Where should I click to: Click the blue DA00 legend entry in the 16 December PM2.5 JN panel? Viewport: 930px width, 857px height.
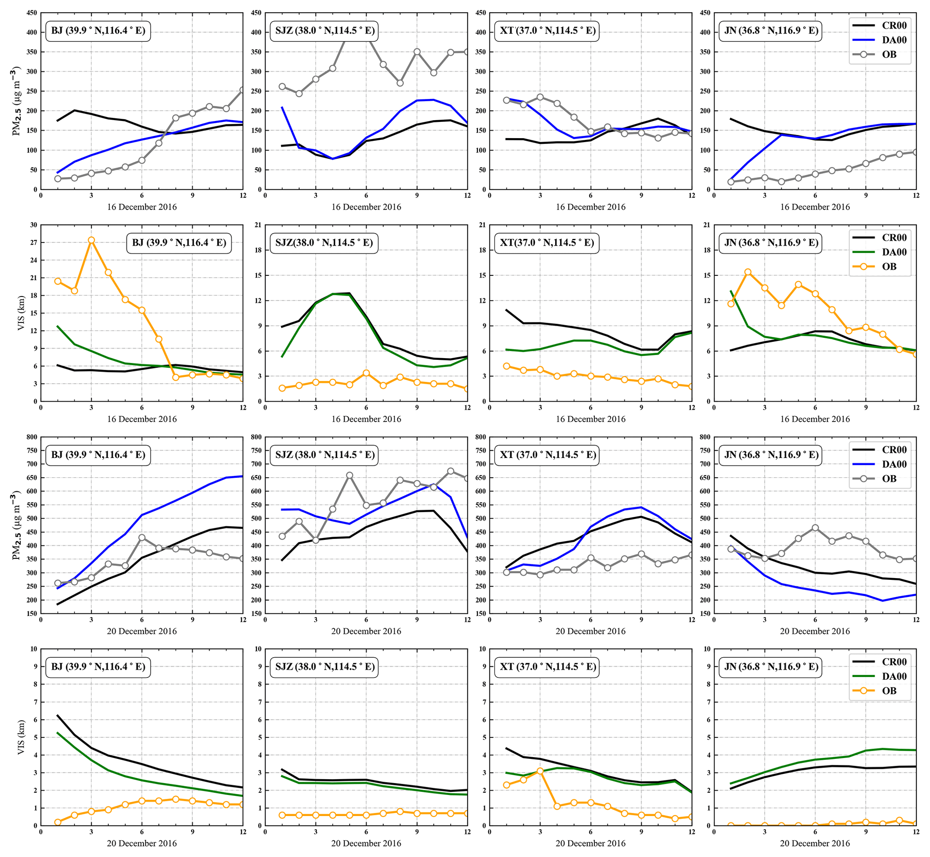coord(881,40)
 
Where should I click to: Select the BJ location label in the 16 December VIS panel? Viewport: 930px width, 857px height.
coord(179,243)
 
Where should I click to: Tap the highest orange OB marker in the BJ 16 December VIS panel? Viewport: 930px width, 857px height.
coord(91,240)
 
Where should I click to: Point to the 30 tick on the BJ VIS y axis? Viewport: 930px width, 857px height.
coord(34,225)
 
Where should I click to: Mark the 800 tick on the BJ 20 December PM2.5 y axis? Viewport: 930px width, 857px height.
coord(32,437)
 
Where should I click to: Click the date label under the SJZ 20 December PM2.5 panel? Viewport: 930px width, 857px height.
coord(366,631)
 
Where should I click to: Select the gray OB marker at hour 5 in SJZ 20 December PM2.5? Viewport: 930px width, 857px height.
coord(349,476)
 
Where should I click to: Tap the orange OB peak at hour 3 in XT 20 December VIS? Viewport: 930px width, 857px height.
coord(540,771)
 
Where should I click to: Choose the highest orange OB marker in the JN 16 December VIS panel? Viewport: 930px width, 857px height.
coord(748,272)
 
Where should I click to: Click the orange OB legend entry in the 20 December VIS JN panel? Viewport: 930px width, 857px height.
coord(881,691)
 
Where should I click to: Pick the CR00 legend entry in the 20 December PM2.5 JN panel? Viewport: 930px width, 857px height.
coord(881,449)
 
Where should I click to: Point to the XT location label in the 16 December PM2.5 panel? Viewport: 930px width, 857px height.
coord(547,31)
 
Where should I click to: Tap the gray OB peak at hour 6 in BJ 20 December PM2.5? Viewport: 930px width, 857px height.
coord(142,538)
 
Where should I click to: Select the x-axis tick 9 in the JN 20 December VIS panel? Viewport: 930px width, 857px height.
coord(866,832)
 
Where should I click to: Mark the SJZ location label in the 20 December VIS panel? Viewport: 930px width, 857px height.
coord(325,667)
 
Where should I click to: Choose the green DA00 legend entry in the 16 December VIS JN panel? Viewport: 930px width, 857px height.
coord(881,252)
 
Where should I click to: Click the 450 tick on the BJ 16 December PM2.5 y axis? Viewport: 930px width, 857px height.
coord(32,13)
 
